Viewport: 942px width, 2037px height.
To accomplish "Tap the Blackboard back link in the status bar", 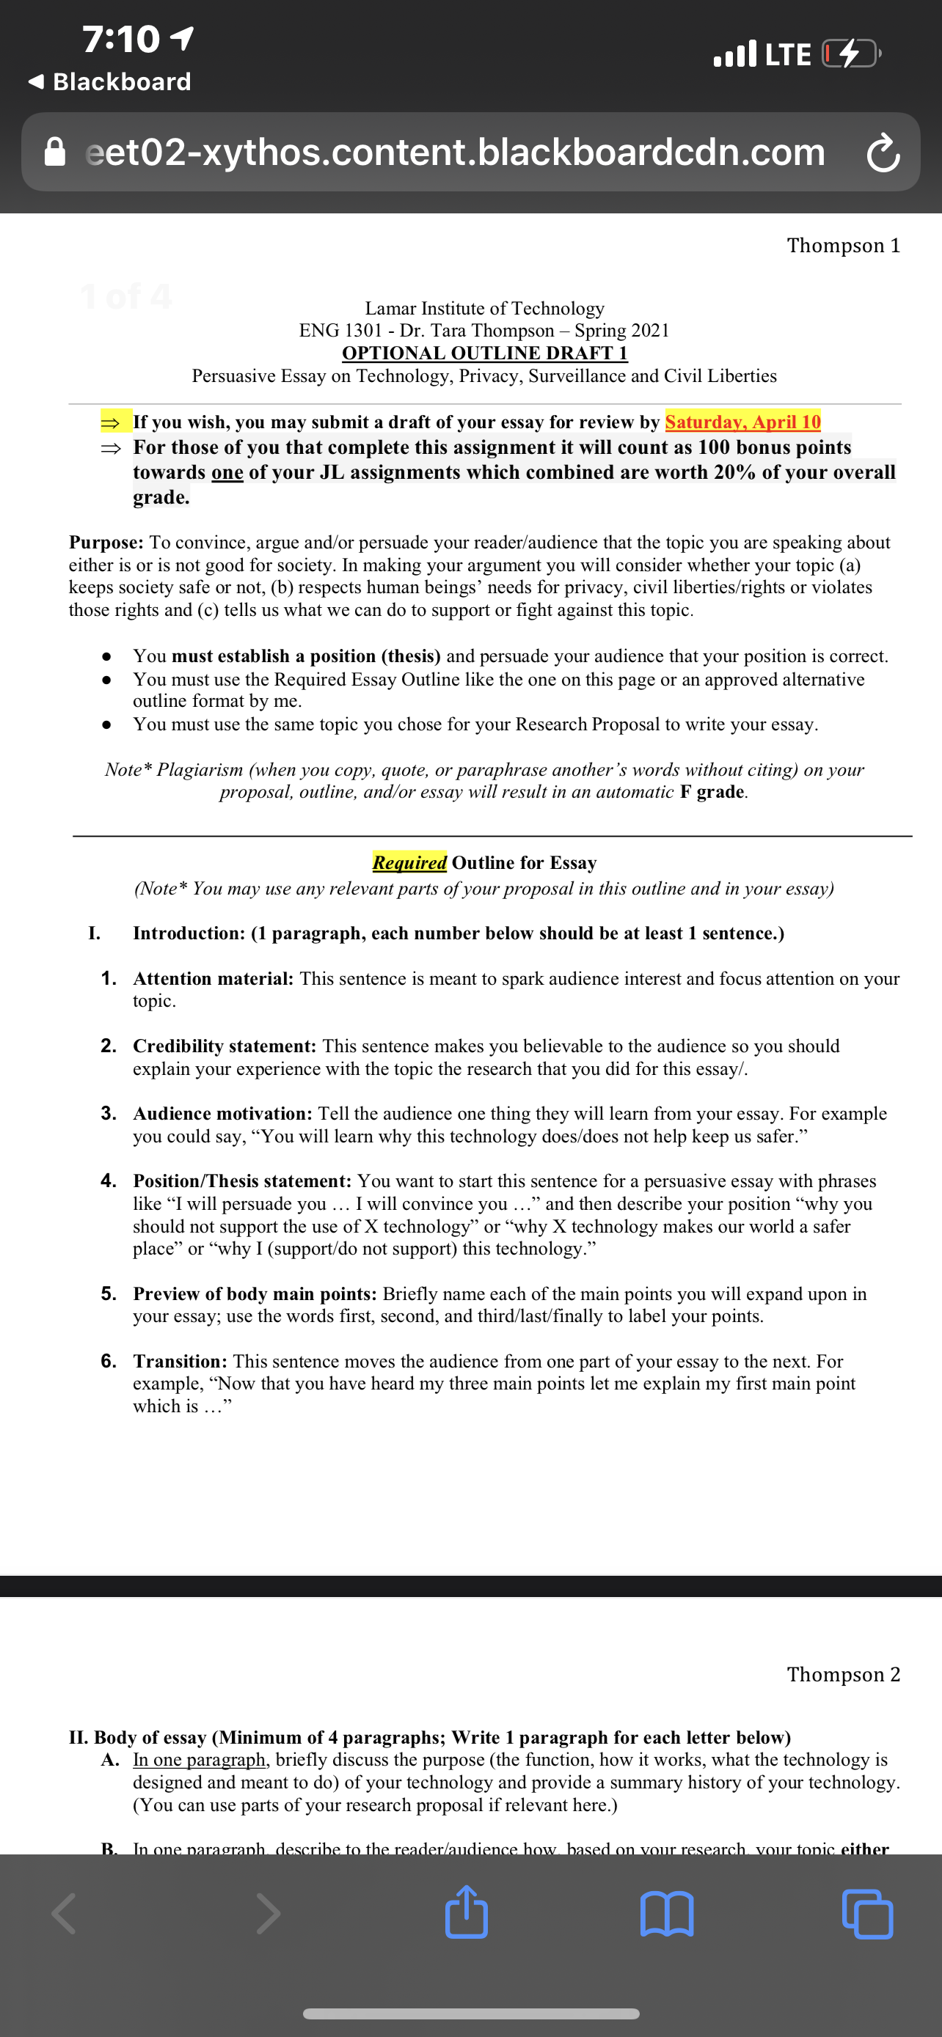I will point(111,81).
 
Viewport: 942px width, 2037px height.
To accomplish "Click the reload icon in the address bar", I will point(883,153).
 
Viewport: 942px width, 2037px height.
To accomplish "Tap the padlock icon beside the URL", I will point(54,152).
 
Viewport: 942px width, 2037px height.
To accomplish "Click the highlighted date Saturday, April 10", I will point(742,422).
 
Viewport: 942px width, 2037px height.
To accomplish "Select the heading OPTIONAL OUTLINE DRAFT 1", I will point(484,353).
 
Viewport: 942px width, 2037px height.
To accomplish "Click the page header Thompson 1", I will point(843,245).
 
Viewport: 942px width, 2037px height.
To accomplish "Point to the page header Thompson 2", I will point(843,1674).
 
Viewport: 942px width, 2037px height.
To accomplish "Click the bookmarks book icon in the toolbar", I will point(667,1914).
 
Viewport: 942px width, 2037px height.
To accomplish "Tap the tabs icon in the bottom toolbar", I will point(868,1914).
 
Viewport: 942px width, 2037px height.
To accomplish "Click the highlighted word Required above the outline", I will point(409,862).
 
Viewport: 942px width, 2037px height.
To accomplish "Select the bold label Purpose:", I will point(106,543).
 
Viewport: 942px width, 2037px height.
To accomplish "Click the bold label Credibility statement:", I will point(224,1046).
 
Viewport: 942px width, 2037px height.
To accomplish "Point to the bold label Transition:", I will point(180,1361).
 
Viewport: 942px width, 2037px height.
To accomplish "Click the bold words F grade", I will point(712,791).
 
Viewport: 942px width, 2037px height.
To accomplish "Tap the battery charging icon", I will point(850,54).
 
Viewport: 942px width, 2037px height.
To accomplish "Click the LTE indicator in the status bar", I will point(788,54).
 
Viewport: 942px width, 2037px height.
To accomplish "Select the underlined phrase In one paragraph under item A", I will point(200,1759).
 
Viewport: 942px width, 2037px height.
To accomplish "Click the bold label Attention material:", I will point(213,978).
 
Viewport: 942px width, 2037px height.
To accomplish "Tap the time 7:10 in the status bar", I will point(122,39).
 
